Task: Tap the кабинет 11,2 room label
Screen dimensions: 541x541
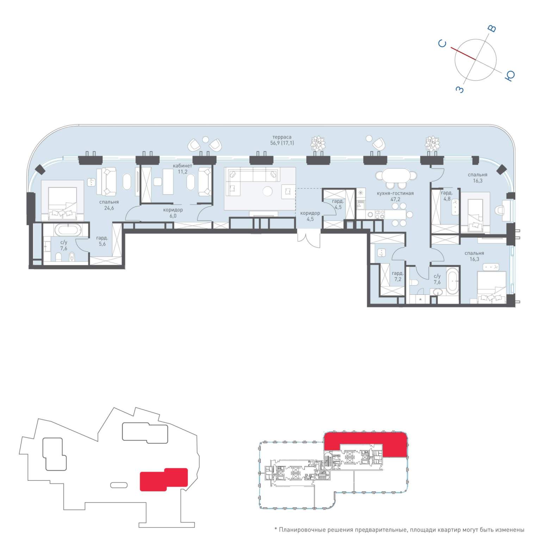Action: (182, 169)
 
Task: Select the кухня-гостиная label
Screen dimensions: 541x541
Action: (395, 193)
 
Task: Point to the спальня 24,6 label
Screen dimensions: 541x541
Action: (109, 205)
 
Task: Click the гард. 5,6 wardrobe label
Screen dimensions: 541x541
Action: (102, 241)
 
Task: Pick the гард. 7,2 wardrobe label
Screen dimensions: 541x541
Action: (398, 276)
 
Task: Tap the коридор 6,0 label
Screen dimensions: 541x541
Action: (173, 213)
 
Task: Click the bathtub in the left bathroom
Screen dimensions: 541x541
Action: (68, 231)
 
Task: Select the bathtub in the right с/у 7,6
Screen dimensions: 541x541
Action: (453, 281)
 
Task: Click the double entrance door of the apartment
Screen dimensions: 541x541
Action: (309, 236)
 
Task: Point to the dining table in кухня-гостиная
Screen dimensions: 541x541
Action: (396, 175)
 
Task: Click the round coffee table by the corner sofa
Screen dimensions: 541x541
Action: (268, 191)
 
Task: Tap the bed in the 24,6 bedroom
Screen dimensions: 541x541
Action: (63, 200)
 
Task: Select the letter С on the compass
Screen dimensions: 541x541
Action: (442, 44)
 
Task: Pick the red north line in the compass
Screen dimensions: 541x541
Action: (463, 53)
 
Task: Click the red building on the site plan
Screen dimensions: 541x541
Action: (164, 479)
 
